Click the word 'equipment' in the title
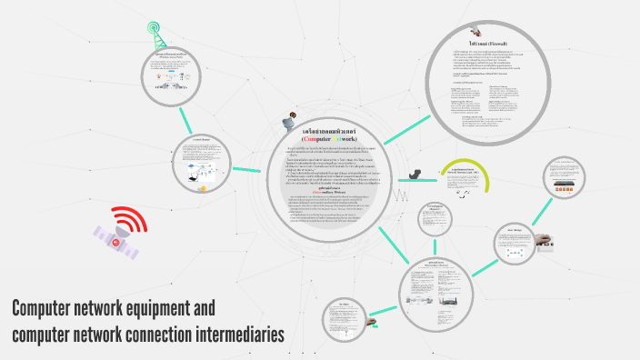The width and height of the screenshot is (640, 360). point(165,308)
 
